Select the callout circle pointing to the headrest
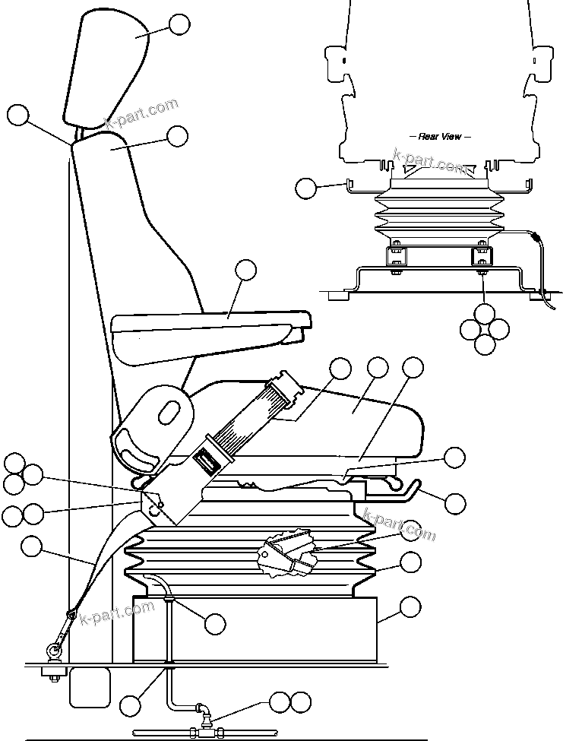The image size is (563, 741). click(x=179, y=24)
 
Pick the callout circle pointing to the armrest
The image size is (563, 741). click(x=245, y=270)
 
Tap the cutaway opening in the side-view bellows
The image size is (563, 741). click(x=289, y=553)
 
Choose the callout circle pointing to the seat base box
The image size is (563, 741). click(x=410, y=606)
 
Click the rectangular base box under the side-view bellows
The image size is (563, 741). click(x=255, y=629)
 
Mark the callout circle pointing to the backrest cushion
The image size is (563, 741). click(x=177, y=136)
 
